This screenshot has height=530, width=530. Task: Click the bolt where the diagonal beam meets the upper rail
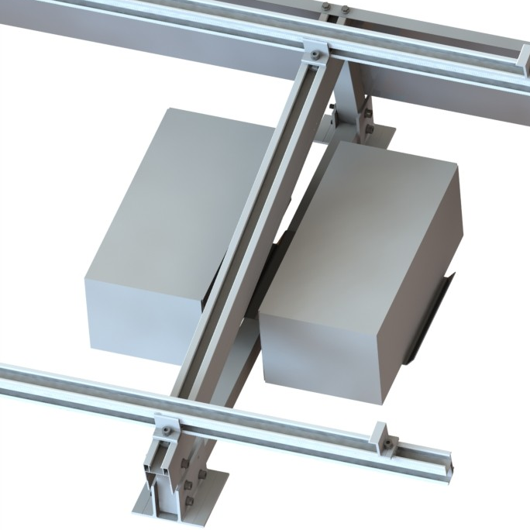315,54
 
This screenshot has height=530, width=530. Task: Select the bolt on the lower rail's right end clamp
385,444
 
